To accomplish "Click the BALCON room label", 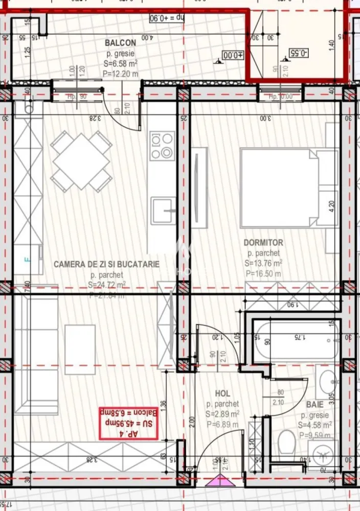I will tap(120, 43).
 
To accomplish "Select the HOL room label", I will tap(222, 393).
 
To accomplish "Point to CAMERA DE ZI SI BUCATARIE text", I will tap(106, 264).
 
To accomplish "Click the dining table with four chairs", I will tap(81, 161).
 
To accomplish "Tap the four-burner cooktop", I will tap(162, 146).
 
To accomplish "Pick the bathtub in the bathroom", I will tap(297, 341).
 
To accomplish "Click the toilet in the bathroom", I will tap(287, 443).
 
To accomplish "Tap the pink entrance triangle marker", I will tap(219, 480).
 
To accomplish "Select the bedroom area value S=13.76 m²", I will tap(263, 263).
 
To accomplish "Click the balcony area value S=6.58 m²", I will tap(121, 63).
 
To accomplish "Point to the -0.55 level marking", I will tap(298, 52).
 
